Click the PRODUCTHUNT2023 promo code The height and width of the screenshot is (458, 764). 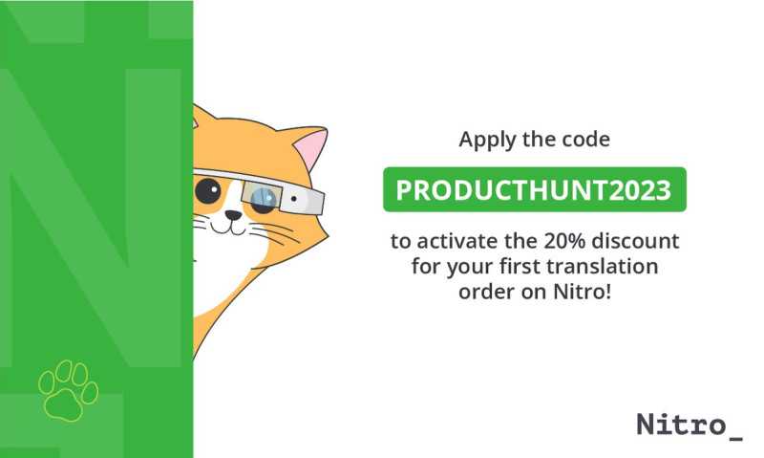[x=534, y=189]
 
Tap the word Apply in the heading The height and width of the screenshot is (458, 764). [x=487, y=141]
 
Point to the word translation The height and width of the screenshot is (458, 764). [x=603, y=267]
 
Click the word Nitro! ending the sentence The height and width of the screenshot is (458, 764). [x=583, y=292]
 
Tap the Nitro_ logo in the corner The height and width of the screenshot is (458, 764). [x=690, y=425]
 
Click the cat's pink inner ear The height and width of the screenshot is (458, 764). [x=312, y=148]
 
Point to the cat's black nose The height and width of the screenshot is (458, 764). [x=233, y=214]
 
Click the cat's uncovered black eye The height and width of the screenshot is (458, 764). [x=208, y=190]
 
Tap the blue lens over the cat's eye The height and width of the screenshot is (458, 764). [x=265, y=198]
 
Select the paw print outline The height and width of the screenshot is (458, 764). [x=68, y=391]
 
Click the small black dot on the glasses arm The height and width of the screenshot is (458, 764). [x=294, y=199]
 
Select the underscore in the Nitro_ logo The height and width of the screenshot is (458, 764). [x=735, y=438]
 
